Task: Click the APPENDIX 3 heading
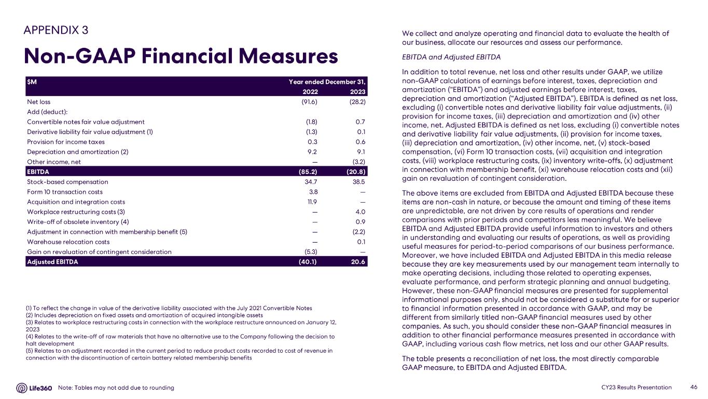pos(55,30)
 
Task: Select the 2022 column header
pos(310,91)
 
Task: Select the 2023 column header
pos(357,91)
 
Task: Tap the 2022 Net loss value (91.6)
pos(309,102)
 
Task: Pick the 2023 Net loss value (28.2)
pos(357,102)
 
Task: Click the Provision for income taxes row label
pos(65,142)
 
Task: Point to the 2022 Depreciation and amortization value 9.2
pos(312,152)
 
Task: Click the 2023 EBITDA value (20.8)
pos(356,172)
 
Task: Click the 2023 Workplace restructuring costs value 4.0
pos(360,212)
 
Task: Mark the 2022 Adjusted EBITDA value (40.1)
pos(309,262)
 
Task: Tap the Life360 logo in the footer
pos(34,388)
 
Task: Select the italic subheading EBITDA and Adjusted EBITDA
pos(451,57)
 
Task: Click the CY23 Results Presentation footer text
pos(636,388)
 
